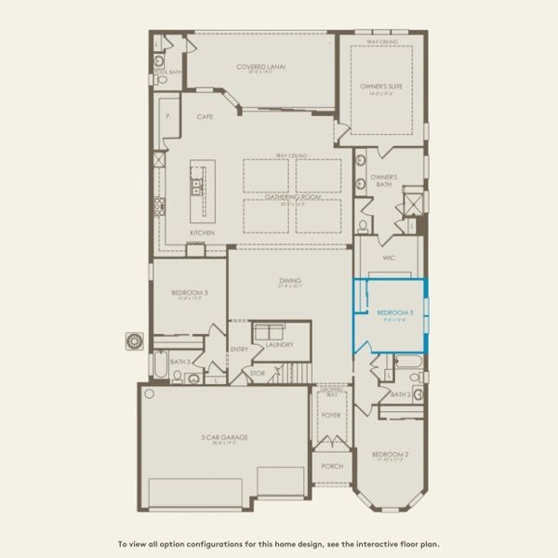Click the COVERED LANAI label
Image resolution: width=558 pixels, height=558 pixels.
tap(260, 67)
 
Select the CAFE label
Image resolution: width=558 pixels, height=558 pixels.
tap(205, 118)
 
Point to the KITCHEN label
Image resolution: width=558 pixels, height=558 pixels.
tap(203, 232)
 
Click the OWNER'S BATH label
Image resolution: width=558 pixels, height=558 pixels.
tap(384, 180)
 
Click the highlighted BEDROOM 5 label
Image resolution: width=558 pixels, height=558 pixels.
tap(394, 312)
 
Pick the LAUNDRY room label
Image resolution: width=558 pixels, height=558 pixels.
tap(279, 345)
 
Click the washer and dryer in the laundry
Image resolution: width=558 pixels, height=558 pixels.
tap(271, 331)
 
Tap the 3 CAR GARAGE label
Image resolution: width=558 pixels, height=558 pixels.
tap(228, 437)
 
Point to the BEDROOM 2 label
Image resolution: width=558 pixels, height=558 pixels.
tap(390, 455)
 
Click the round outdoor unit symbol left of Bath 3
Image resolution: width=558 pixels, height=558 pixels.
tap(133, 340)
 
